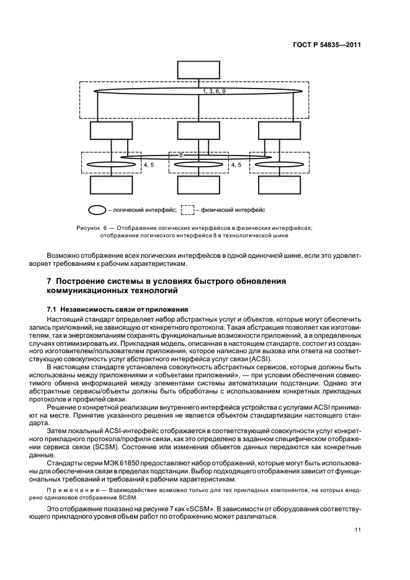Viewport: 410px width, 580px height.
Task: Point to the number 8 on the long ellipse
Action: [180, 154]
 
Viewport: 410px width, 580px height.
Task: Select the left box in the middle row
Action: [108, 130]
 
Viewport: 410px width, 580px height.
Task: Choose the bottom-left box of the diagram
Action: [108, 185]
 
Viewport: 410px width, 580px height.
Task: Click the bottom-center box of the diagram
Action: [195, 185]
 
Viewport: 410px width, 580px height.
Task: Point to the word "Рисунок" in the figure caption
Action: [87, 228]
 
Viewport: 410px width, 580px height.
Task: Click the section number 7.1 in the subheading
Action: [53, 309]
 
